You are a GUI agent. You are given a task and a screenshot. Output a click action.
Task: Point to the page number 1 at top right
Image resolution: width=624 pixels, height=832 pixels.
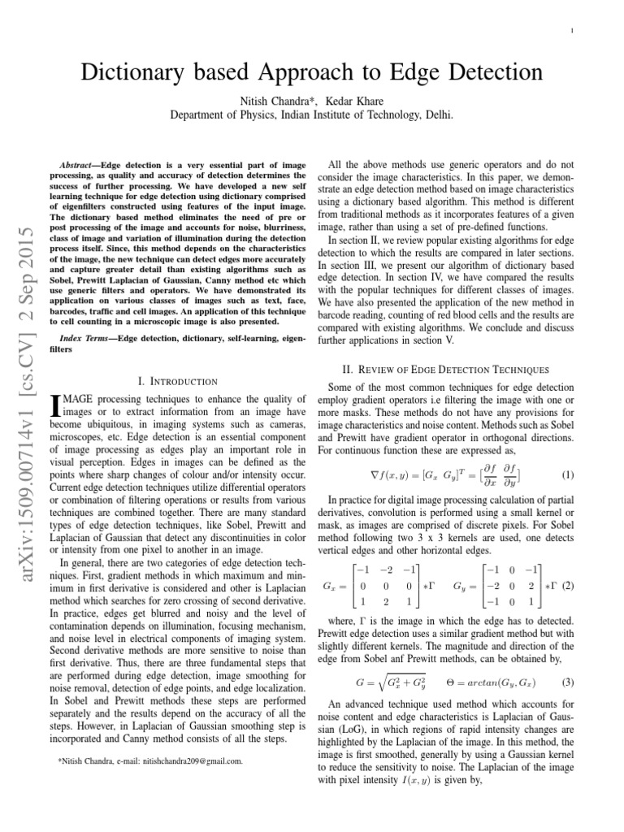point(573,32)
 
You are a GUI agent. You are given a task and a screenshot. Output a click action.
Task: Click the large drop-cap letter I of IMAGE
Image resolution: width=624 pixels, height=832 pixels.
point(55,405)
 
